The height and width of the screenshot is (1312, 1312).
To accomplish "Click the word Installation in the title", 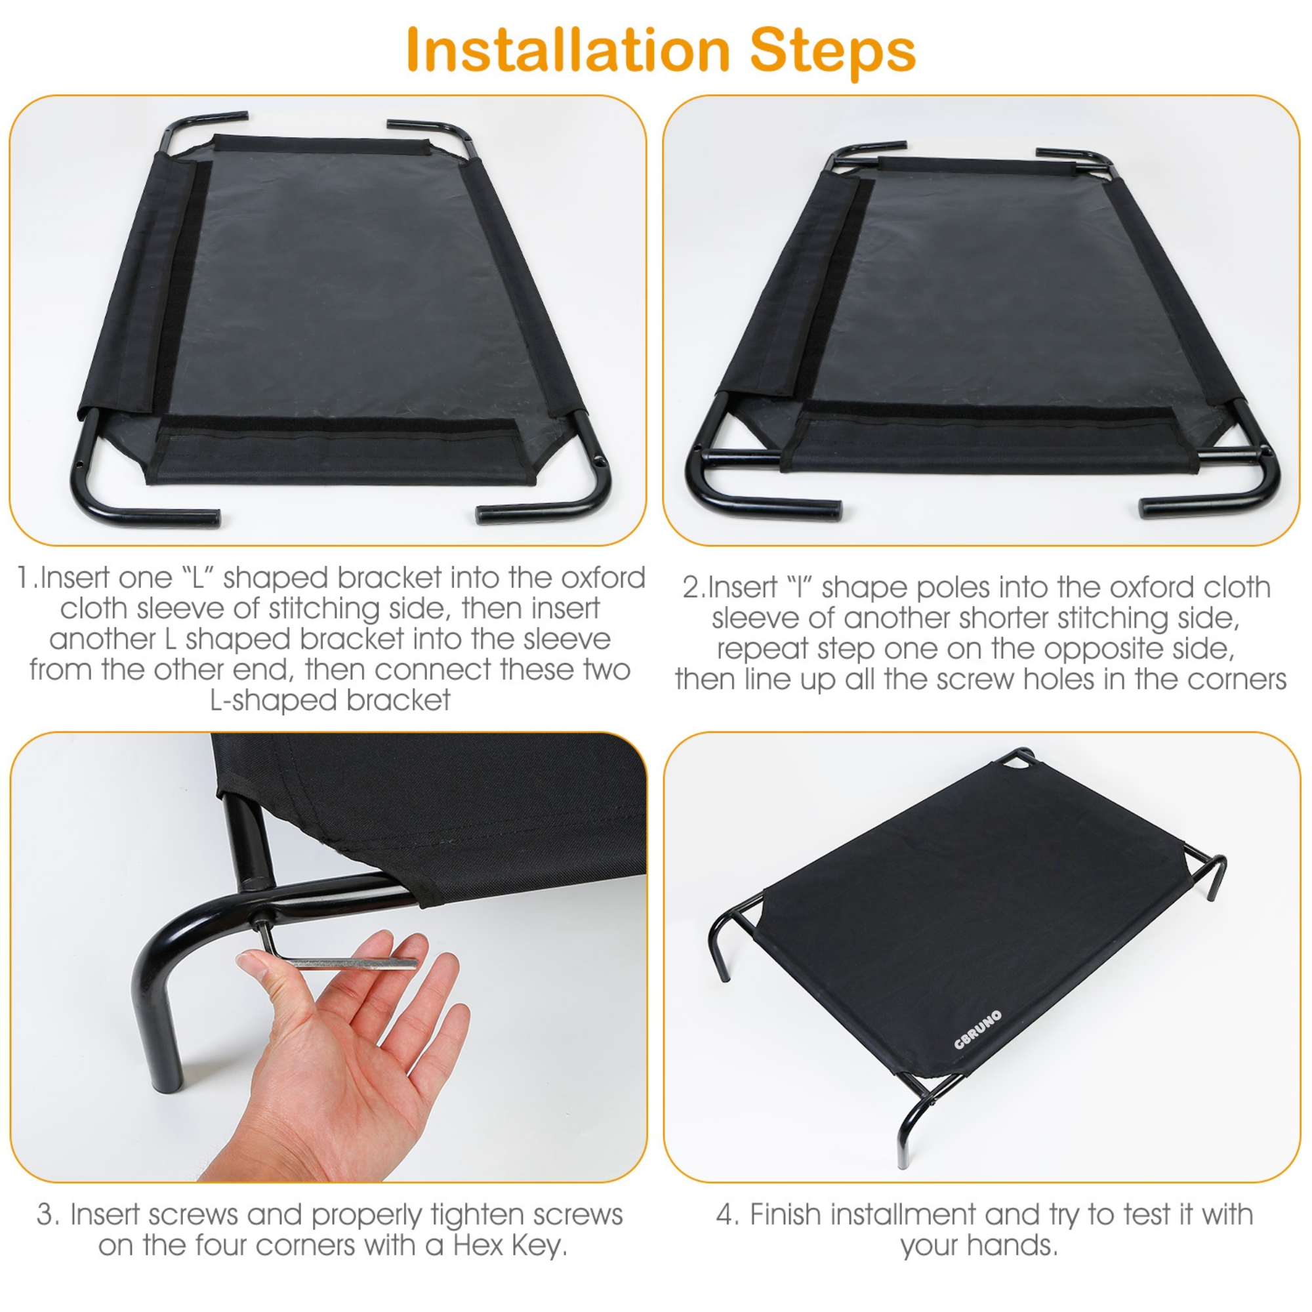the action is pyautogui.click(x=567, y=51).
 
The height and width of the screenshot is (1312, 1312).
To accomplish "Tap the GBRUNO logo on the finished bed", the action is pyautogui.click(x=977, y=1029).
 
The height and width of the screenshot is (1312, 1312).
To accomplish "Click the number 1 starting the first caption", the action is pyautogui.click(x=24, y=578).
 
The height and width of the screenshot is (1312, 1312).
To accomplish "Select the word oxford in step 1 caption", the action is pyautogui.click(x=603, y=578).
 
